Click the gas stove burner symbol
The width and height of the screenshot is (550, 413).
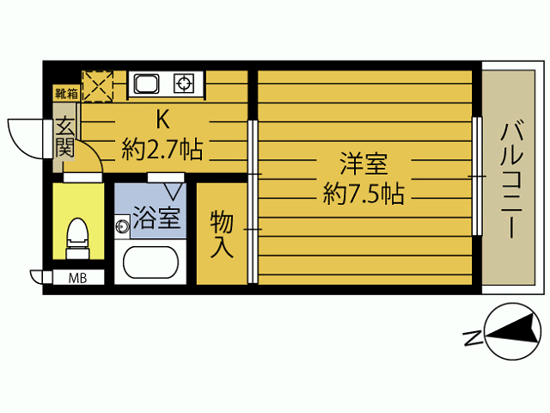[184, 83]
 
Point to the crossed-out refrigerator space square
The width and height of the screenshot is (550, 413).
[97, 84]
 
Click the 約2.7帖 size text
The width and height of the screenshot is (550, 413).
[162, 151]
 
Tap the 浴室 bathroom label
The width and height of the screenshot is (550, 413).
[156, 219]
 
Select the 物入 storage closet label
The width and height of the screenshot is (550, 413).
[222, 234]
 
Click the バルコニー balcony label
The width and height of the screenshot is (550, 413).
[514, 180]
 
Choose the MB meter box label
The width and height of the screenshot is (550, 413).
[76, 277]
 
